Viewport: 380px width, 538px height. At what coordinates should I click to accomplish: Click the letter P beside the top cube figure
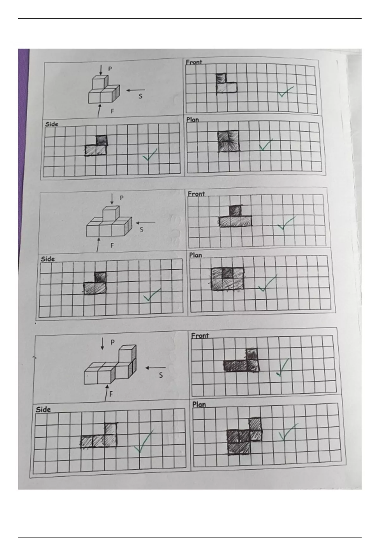tap(110, 69)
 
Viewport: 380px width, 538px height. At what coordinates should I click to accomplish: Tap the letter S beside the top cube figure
tap(140, 96)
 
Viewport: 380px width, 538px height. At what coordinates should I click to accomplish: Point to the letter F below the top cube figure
tap(112, 111)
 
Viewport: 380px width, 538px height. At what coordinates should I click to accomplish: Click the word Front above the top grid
tap(194, 62)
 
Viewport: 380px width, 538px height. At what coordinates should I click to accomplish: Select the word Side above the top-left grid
tap(52, 124)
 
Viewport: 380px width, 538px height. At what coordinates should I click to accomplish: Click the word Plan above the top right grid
tap(193, 119)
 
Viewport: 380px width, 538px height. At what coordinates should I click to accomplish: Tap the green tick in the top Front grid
tap(286, 92)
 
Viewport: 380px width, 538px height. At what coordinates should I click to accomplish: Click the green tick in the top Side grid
tap(150, 154)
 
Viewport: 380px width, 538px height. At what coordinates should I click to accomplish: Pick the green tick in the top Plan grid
tap(266, 145)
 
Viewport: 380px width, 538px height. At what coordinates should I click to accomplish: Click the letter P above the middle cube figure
tap(121, 198)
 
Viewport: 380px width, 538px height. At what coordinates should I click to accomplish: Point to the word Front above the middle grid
tap(196, 194)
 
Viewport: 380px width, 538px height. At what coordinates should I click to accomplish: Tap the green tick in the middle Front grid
tap(286, 223)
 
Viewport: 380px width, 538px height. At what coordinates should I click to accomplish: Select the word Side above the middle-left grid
tap(47, 259)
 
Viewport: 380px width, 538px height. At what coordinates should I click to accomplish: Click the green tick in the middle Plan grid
tap(267, 283)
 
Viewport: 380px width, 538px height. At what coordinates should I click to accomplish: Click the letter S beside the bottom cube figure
tap(161, 375)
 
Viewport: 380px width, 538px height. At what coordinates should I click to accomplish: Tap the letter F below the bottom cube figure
tap(111, 394)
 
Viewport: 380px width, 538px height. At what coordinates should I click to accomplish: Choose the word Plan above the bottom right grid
tap(199, 405)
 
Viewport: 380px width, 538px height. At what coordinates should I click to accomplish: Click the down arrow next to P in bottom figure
tap(102, 343)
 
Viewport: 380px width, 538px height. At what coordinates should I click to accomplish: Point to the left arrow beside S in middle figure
tap(146, 223)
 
